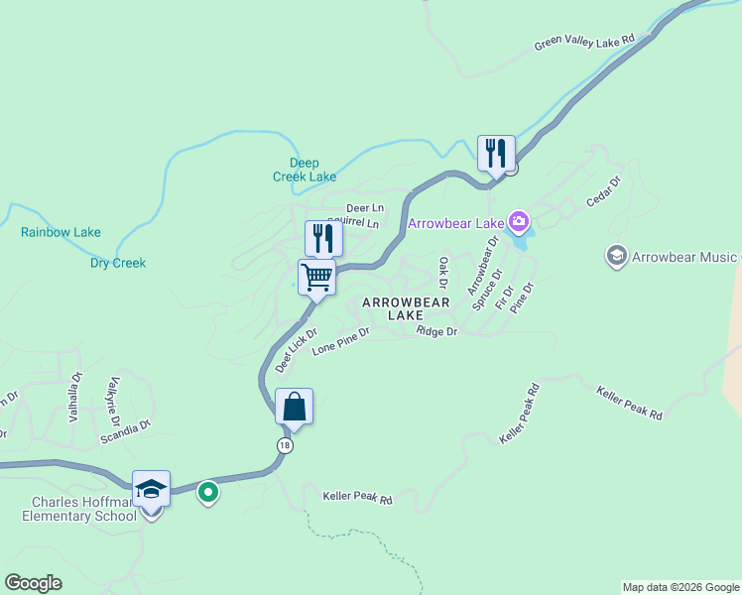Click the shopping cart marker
(x=316, y=278)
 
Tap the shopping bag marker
(x=294, y=407)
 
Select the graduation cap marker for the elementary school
(x=151, y=490)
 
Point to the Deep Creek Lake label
(x=305, y=170)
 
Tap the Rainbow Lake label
(x=61, y=233)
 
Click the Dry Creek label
(x=118, y=263)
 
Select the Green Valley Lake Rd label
(x=583, y=43)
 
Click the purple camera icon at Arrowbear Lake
(x=517, y=220)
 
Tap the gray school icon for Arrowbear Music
(x=616, y=257)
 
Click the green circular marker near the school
(x=207, y=491)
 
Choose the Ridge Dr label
(x=436, y=331)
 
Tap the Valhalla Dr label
(x=75, y=399)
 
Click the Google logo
(x=33, y=583)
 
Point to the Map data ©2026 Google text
(x=680, y=587)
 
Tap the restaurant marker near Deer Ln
(x=323, y=239)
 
